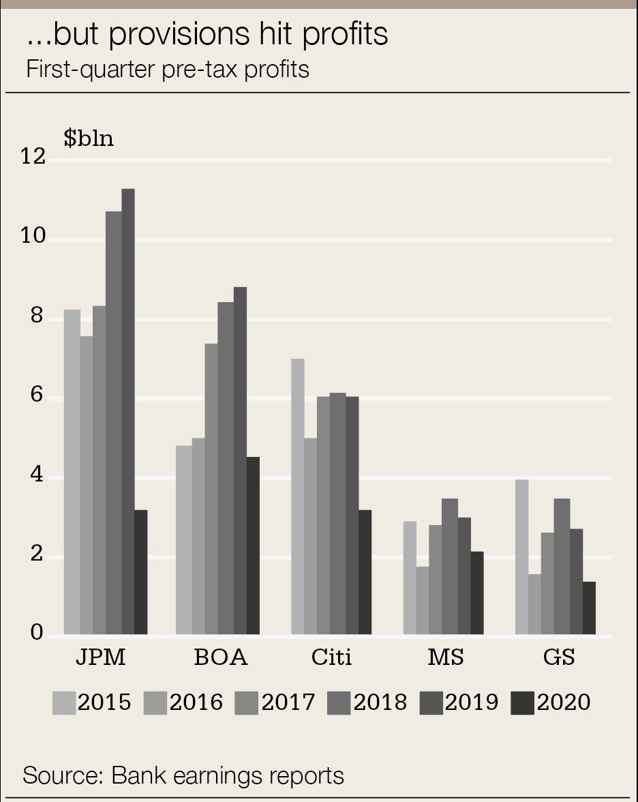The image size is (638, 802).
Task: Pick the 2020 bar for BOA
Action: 253,545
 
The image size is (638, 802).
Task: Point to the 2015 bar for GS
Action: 521,556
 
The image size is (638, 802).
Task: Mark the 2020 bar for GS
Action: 589,608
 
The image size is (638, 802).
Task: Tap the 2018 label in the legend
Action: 380,702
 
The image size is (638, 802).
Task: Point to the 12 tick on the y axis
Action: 33,158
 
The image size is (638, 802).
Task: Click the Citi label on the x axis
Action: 331,658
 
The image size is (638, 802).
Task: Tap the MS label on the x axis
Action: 445,658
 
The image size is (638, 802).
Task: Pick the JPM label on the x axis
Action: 100,658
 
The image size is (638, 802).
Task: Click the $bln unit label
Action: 89,138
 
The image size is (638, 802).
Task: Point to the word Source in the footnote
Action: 62,775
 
